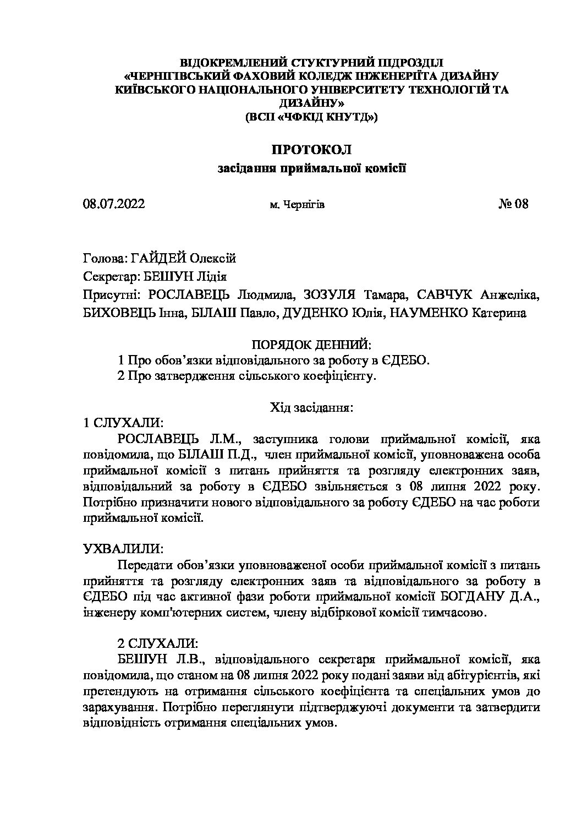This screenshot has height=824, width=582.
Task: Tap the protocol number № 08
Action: (513, 205)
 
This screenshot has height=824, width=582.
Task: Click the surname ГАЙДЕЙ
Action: (159, 258)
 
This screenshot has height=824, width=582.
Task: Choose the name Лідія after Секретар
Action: (207, 277)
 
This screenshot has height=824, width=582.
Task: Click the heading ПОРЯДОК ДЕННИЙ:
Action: (311, 345)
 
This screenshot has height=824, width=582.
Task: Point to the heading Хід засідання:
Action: (311, 408)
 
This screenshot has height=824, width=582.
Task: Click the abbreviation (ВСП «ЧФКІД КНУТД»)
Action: (311, 117)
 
